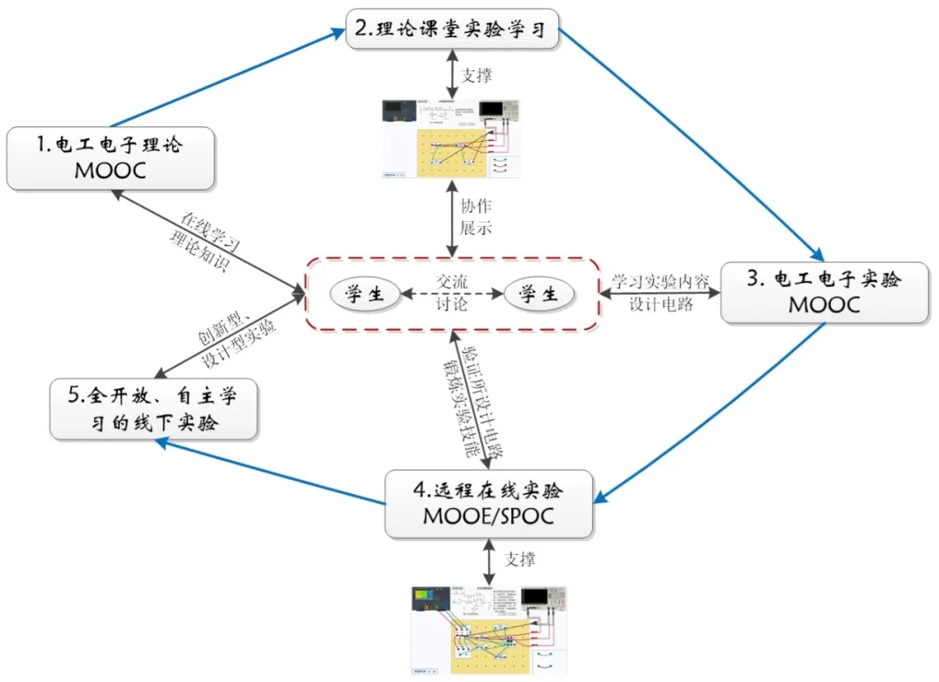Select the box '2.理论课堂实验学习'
coord(451,29)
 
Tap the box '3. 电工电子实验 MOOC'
coord(823,292)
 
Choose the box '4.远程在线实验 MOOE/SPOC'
coord(488,502)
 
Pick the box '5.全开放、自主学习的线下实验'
coord(154,409)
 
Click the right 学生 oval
coord(538,294)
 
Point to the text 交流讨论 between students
coord(451,292)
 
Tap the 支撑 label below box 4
coord(520,558)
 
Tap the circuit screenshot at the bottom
coord(488,630)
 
